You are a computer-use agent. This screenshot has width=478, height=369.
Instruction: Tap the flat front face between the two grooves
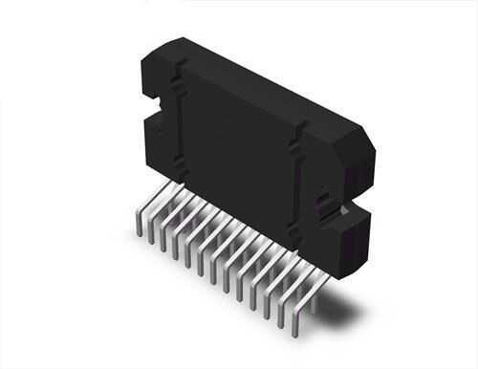[x=239, y=143]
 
